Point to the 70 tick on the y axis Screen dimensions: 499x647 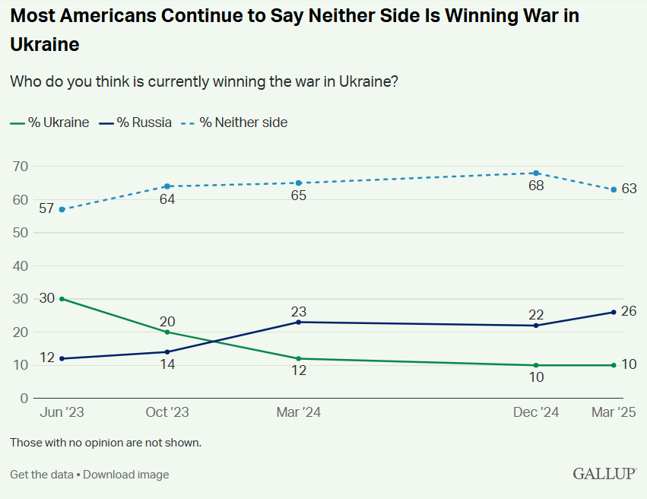[x=20, y=167]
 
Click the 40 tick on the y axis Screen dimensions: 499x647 [x=20, y=266]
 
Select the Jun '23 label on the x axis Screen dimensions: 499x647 [x=62, y=412]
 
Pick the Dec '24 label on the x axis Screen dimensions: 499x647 [x=536, y=412]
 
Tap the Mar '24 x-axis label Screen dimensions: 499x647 [x=298, y=412]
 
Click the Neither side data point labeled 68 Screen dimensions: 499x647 [x=536, y=173]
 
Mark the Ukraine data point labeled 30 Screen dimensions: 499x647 [x=62, y=299]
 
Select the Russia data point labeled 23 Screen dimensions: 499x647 [x=298, y=322]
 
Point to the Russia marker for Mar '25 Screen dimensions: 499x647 [x=614, y=312]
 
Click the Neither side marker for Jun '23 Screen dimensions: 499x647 [x=62, y=209]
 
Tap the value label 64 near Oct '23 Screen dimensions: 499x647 [x=167, y=199]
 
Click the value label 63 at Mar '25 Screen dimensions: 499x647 [x=629, y=189]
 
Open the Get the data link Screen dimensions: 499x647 [x=42, y=475]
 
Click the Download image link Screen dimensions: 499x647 [x=126, y=475]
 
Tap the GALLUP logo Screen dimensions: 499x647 [x=604, y=474]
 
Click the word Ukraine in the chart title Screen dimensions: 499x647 [x=45, y=44]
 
